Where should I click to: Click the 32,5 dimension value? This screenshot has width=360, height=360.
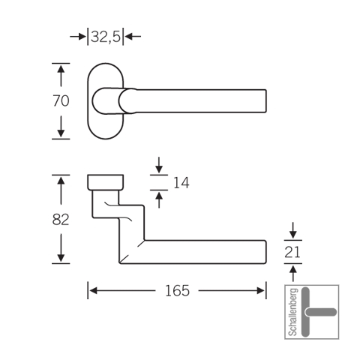[x=106, y=37]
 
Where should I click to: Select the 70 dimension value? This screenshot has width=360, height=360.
[x=61, y=100]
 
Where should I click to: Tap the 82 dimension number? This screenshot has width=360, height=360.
[x=61, y=220]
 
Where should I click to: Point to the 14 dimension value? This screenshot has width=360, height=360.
[x=181, y=182]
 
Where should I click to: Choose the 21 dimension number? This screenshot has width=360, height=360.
[x=292, y=252]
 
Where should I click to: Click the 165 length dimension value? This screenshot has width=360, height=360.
[x=177, y=291]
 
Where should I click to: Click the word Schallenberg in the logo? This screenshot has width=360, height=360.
[x=293, y=312]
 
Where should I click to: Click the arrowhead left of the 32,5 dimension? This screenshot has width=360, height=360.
[x=82, y=37]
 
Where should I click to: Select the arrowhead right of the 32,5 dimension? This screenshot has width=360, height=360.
[x=129, y=37]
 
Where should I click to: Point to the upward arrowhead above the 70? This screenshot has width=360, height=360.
[x=61, y=68]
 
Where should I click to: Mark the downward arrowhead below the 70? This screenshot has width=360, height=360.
[x=61, y=133]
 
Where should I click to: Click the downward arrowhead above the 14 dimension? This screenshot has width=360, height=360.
[x=159, y=169]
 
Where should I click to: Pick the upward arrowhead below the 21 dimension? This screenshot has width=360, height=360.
[x=292, y=269]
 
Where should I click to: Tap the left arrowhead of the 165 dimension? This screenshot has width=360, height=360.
[x=93, y=291]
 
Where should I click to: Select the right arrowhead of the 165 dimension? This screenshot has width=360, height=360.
[x=260, y=291]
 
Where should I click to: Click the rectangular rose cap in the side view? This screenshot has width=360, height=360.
[x=106, y=182]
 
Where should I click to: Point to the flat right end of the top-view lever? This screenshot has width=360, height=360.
[x=265, y=100]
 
